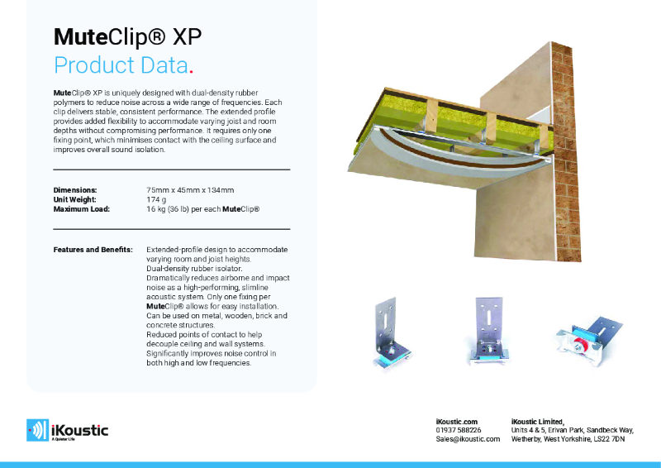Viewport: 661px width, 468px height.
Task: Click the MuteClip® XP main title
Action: point(127,36)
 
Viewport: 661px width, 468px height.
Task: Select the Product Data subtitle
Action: point(122,64)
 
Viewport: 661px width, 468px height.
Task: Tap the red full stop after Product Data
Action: point(192,70)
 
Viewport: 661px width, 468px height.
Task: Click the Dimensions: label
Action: point(75,189)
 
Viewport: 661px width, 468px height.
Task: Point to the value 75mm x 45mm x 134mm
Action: point(190,189)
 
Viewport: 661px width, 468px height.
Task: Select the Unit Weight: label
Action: point(77,199)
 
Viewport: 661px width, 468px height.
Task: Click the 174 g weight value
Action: point(157,199)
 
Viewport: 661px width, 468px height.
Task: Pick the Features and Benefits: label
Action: point(93,249)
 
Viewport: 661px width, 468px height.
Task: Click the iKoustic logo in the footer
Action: point(68,429)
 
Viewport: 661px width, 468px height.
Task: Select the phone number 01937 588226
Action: point(459,430)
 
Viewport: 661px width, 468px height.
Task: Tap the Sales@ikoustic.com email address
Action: point(468,439)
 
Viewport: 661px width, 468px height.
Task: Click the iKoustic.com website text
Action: point(456,421)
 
